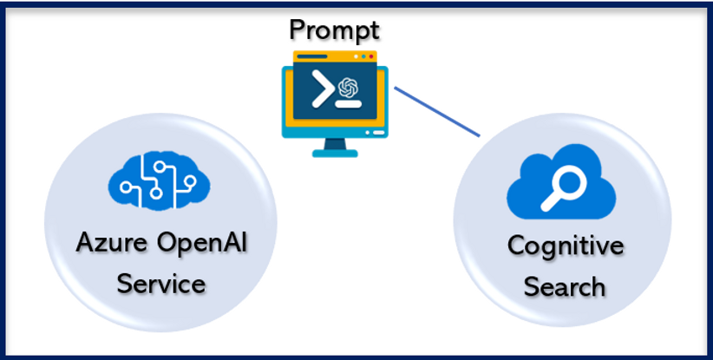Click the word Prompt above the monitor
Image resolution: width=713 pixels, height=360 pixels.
point(334,31)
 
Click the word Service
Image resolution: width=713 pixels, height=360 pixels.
point(160,282)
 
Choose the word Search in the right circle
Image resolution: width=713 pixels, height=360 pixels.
point(564,285)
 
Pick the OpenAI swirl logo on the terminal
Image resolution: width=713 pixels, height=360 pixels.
point(349,87)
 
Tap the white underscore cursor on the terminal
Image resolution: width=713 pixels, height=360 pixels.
point(349,104)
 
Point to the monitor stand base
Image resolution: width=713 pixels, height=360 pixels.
point(334,153)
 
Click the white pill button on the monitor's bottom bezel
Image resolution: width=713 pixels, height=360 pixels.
point(375,133)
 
